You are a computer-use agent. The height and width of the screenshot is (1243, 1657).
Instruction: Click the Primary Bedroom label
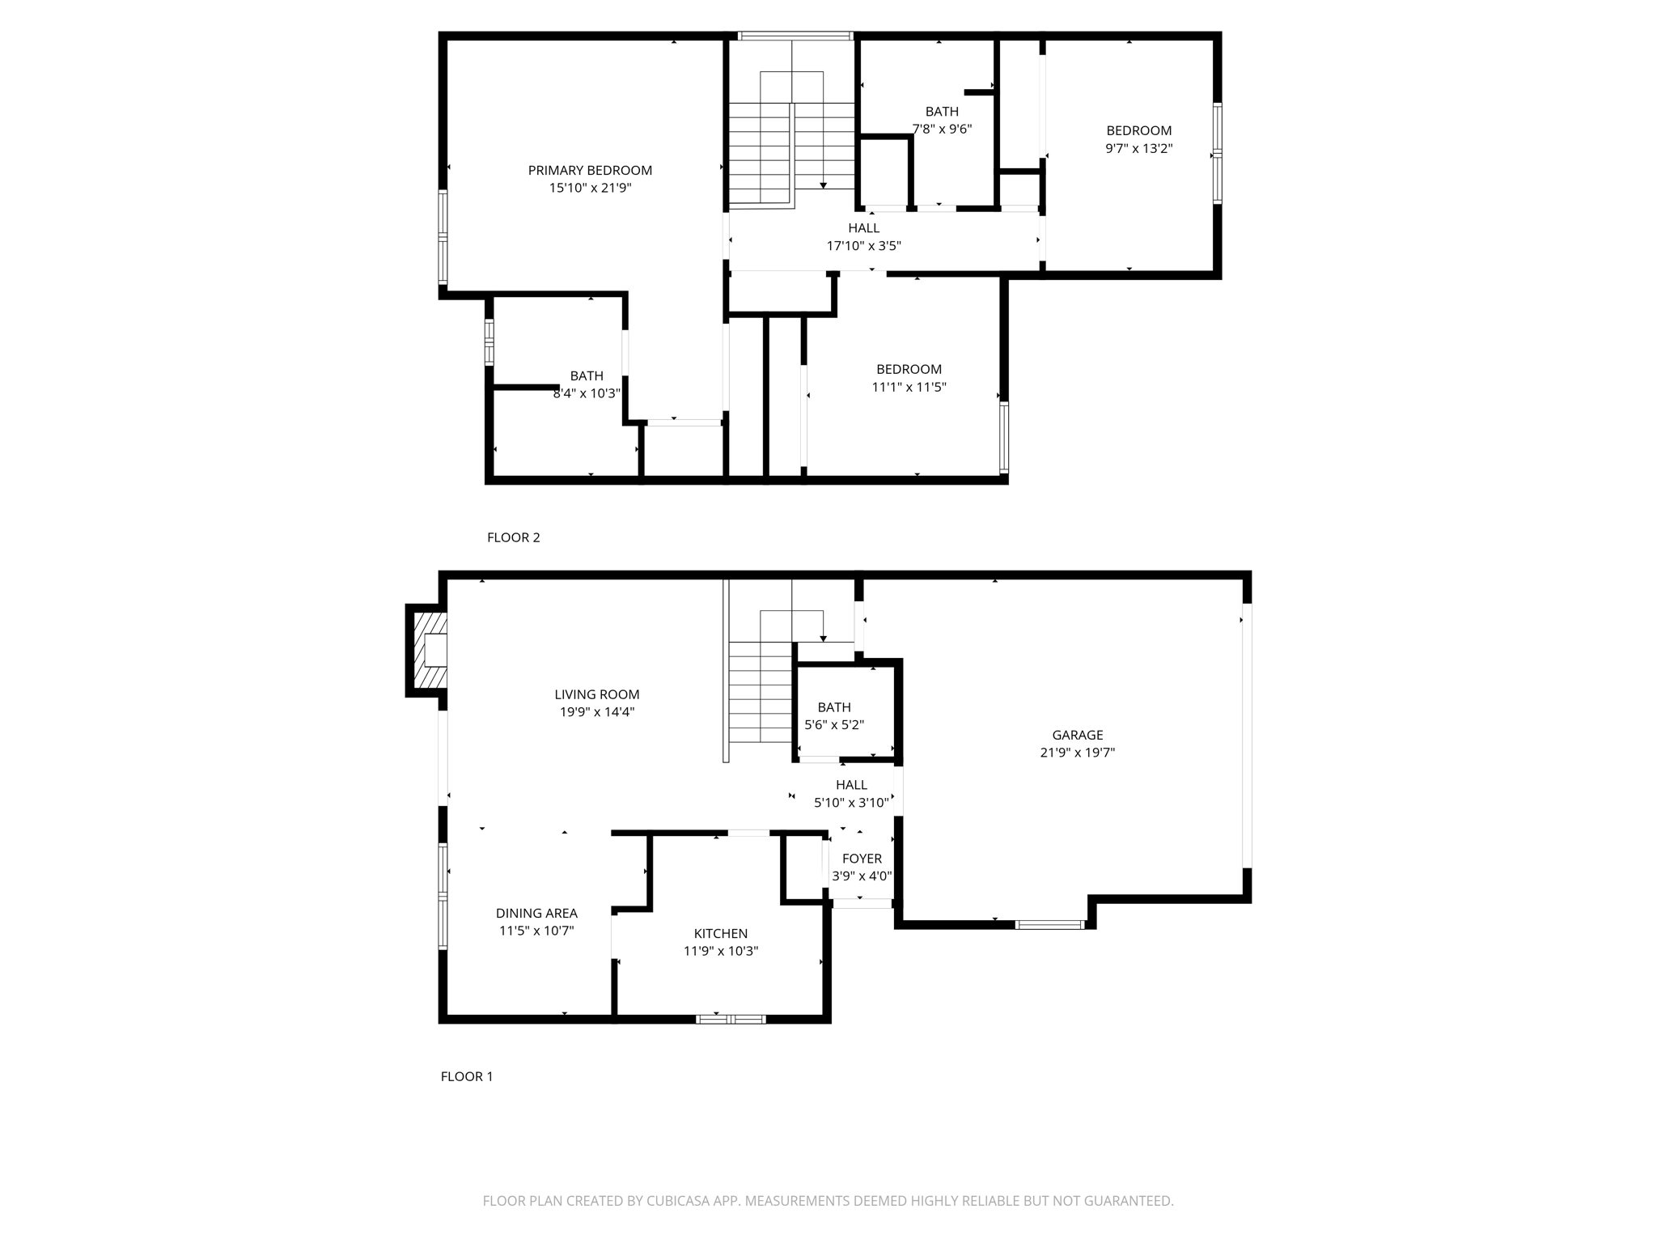[x=590, y=170]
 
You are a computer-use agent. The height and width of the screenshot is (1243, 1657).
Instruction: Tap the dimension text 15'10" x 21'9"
[x=590, y=188]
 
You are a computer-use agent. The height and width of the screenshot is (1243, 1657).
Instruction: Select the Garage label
[x=1077, y=735]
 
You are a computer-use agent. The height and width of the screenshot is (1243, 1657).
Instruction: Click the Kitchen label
[x=720, y=933]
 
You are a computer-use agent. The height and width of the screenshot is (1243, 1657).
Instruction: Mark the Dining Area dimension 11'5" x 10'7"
[x=536, y=931]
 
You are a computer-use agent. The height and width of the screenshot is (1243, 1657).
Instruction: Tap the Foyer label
[x=862, y=859]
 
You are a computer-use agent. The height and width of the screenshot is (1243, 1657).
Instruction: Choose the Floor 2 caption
[x=513, y=537]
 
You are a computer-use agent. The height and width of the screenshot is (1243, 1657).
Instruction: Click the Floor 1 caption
[x=466, y=1076]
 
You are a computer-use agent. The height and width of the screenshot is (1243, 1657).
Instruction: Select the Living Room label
[x=596, y=694]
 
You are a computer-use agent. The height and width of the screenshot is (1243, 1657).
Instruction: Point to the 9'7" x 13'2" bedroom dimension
[x=1138, y=148]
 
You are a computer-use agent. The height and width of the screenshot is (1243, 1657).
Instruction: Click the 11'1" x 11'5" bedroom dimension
[x=909, y=387]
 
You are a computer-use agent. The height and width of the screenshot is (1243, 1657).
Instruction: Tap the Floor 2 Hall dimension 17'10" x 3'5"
[x=863, y=246]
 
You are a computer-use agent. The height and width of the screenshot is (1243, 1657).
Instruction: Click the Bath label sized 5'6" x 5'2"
[x=833, y=707]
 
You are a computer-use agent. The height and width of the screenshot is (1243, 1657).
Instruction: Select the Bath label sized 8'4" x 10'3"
[x=586, y=375]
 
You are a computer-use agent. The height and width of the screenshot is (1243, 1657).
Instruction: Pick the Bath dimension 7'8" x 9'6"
[x=942, y=129]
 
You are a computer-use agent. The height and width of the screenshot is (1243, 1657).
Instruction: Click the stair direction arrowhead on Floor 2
[x=823, y=185]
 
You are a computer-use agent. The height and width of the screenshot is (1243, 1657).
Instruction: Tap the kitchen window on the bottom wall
[x=731, y=1019]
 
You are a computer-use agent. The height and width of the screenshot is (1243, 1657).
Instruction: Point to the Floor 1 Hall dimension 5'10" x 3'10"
[x=851, y=803]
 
